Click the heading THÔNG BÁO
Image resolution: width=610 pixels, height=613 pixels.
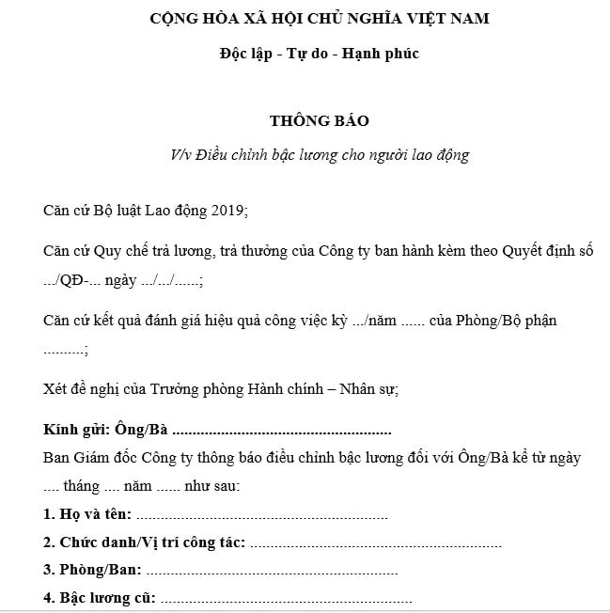click(319, 121)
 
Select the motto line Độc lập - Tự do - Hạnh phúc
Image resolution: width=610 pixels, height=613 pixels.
click(319, 53)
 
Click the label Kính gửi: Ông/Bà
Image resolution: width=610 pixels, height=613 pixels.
click(105, 431)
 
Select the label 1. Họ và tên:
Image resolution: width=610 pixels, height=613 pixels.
click(87, 515)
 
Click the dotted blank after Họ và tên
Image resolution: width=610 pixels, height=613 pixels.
click(261, 516)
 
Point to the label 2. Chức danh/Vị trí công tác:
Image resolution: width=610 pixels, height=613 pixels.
click(145, 543)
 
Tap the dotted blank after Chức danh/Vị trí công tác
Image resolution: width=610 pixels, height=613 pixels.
click(376, 544)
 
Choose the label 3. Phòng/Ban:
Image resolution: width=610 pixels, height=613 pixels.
click(92, 571)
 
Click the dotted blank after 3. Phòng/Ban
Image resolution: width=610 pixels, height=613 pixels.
click(272, 572)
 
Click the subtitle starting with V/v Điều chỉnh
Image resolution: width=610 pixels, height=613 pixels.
click(319, 155)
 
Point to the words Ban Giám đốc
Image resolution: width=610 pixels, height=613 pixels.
click(88, 459)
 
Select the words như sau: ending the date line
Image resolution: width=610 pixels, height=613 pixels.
click(212, 487)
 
